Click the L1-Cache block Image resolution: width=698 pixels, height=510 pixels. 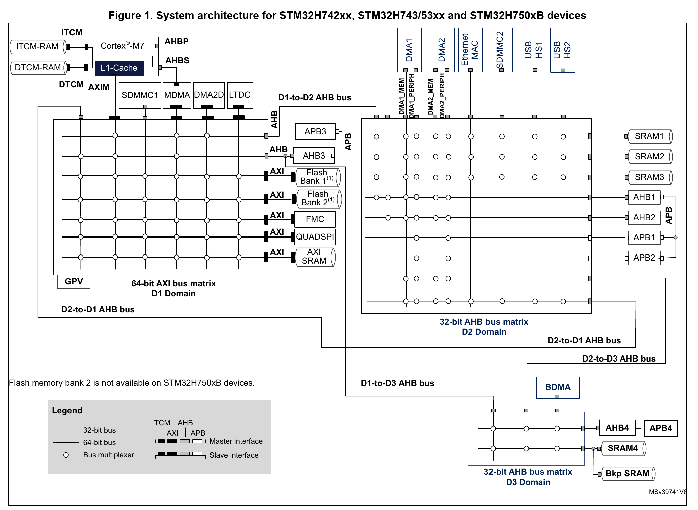(119, 68)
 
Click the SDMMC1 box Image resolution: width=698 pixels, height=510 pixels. (140, 95)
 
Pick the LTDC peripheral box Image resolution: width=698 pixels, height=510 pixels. (240, 95)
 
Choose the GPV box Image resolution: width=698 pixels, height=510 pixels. (74, 281)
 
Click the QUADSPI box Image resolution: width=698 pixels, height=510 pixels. (315, 237)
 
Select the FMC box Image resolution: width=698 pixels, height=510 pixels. (315, 219)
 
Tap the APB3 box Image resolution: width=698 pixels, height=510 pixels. (315, 131)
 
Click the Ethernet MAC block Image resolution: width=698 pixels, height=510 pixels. (470, 50)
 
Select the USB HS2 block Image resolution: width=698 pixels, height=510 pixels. (563, 50)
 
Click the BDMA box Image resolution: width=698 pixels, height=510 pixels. (558, 387)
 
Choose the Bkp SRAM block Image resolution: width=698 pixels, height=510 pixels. (628, 474)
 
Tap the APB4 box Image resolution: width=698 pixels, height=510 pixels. (661, 428)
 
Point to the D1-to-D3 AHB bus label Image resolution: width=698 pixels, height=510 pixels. (397, 383)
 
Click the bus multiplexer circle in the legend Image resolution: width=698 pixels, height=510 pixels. (66, 455)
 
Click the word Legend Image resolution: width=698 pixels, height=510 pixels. (67, 411)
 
